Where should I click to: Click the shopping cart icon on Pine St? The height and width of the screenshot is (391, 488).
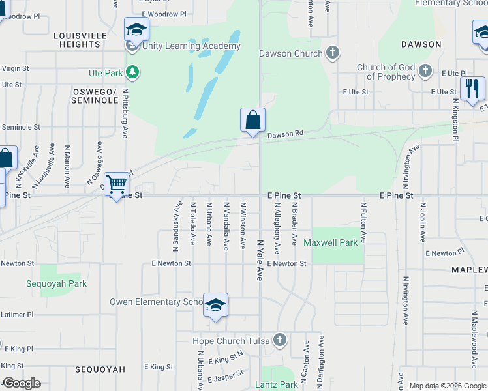click(116, 185)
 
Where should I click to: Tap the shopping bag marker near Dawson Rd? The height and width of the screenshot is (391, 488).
click(252, 121)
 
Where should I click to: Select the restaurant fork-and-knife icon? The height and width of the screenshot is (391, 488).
click(472, 89)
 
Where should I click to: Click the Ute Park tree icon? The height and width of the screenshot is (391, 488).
click(132, 72)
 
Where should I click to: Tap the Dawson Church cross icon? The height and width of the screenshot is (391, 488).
click(332, 53)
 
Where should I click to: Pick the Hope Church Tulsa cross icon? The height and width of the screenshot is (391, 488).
click(280, 340)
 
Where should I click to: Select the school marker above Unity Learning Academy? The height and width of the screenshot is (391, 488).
click(136, 30)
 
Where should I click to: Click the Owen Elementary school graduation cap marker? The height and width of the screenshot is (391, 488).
click(215, 306)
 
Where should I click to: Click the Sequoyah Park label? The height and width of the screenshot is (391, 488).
click(56, 283)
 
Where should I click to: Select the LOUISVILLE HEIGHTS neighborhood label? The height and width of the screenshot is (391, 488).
click(80, 40)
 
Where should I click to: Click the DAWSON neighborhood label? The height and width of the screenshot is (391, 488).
click(421, 44)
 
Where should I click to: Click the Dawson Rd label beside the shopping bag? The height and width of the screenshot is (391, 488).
click(286, 134)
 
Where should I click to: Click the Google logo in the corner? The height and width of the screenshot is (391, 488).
click(22, 383)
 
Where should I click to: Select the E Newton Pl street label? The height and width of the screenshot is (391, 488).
click(444, 252)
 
